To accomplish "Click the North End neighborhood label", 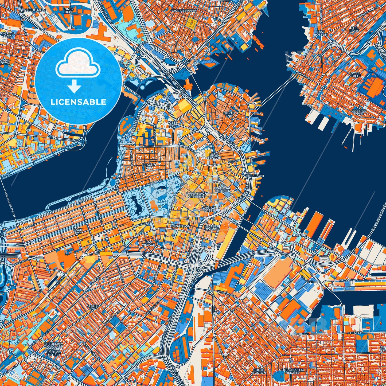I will [229, 114].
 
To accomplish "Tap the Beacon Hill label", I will [149, 166].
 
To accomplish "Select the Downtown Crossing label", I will [196, 195].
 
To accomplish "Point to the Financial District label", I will [223, 189].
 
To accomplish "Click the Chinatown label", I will [180, 226].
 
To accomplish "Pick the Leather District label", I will [212, 228].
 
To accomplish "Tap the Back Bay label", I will [78, 231].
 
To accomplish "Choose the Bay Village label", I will [149, 243].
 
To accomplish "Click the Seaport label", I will [299, 235].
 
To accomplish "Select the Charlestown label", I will [184, 11].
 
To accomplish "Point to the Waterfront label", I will [253, 176].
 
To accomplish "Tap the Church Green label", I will [209, 209].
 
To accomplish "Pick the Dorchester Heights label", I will [293, 371].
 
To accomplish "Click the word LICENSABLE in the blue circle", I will [78, 102].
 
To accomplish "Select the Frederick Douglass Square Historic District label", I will [53, 349].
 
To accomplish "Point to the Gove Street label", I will [355, 75].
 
